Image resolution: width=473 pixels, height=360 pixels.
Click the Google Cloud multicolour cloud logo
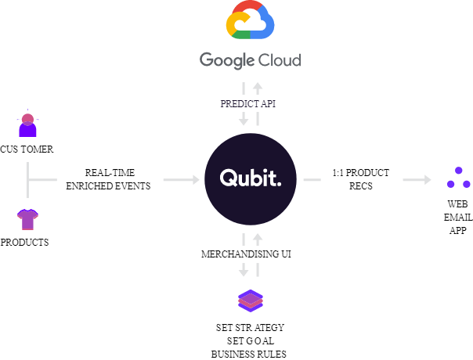pyautogui.click(x=250, y=21)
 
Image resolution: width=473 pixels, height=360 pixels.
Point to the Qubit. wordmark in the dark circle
pyautogui.click(x=250, y=178)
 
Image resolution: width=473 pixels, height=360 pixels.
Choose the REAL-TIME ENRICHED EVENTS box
pyautogui.click(x=110, y=180)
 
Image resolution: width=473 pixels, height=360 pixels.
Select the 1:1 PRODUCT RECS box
pyautogui.click(x=361, y=180)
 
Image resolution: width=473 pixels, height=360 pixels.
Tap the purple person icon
pyautogui.click(x=27, y=125)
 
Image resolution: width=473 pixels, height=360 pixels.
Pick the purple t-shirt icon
pyautogui.click(x=28, y=219)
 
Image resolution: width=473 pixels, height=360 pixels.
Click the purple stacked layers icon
pyautogui.click(x=251, y=300)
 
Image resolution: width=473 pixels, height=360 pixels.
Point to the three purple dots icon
pyautogui.click(x=459, y=178)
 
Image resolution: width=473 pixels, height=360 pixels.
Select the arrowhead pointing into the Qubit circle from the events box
pyautogui.click(x=195, y=180)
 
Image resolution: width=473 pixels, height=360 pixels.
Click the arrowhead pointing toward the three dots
pyautogui.click(x=427, y=180)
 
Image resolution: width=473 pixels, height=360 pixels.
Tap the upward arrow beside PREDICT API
pyautogui.click(x=257, y=87)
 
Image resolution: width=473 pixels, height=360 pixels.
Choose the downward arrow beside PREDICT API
pyautogui.click(x=244, y=121)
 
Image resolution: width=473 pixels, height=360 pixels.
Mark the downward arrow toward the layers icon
pyautogui.click(x=244, y=271)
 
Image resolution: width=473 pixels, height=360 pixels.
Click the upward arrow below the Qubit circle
pyautogui.click(x=257, y=238)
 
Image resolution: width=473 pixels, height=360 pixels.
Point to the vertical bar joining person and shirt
pyautogui.click(x=28, y=180)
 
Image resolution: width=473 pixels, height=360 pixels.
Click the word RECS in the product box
pyautogui.click(x=361, y=187)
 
